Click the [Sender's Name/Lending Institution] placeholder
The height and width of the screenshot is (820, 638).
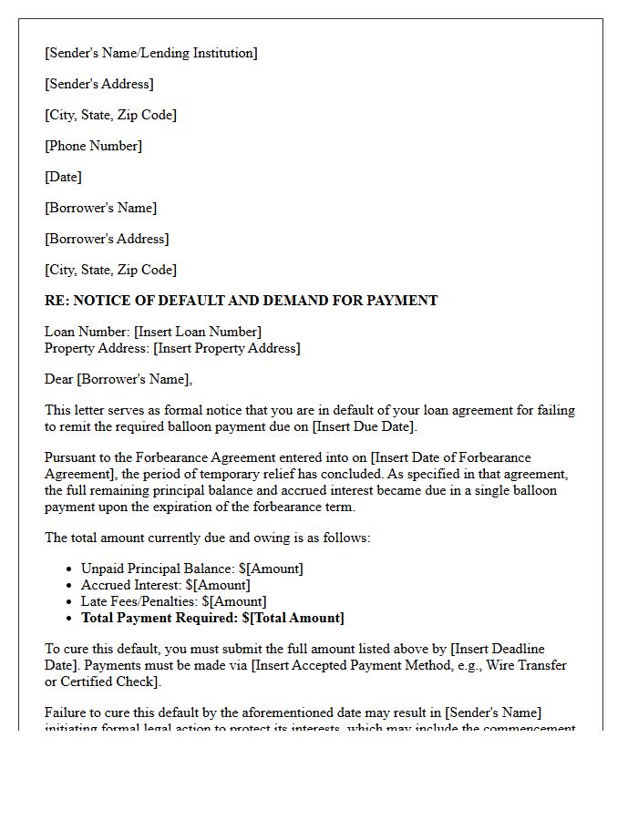coord(151,53)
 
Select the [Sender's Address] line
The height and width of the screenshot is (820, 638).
coord(99,84)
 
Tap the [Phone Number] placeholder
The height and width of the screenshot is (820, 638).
coord(94,146)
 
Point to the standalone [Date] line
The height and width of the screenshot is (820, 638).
coord(64,177)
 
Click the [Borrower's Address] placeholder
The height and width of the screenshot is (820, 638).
coord(107,239)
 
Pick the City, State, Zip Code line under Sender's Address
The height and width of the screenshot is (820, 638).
coord(111,115)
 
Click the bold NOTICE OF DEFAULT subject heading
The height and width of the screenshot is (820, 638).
coord(241,301)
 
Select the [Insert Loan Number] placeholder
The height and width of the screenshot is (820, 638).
coord(199,332)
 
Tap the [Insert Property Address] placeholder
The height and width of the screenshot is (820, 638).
coord(226,348)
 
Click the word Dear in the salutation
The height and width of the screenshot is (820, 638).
coord(59,379)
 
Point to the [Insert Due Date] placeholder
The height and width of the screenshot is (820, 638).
coord(363,426)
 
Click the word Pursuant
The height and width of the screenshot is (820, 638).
coord(72,457)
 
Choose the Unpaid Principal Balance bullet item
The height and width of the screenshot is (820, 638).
coord(192,569)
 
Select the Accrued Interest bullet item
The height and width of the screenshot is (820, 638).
coord(165,585)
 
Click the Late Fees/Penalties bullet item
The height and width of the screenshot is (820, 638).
coord(173,601)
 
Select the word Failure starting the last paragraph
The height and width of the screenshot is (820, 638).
coord(67,712)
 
